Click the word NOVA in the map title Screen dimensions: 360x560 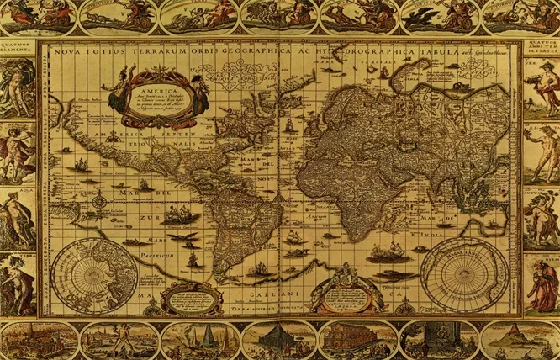coord(64,52)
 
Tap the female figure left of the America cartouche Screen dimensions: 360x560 coord(117,94)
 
